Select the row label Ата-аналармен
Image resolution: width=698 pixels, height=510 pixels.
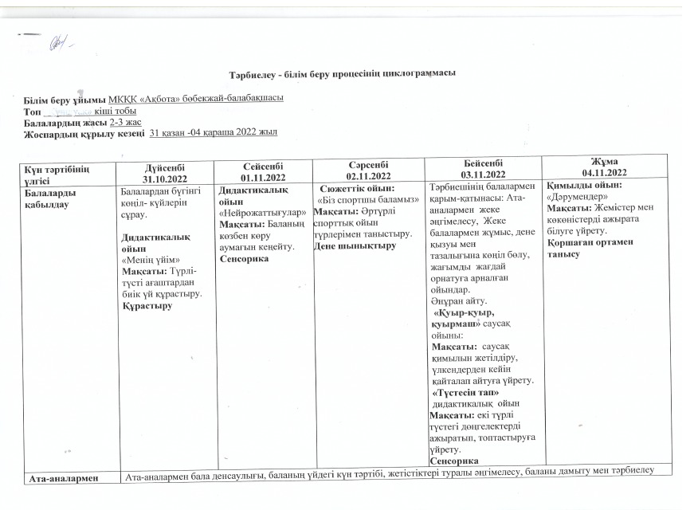click(x=63, y=478)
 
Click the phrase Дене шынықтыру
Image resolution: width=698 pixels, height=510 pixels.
click(x=355, y=245)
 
